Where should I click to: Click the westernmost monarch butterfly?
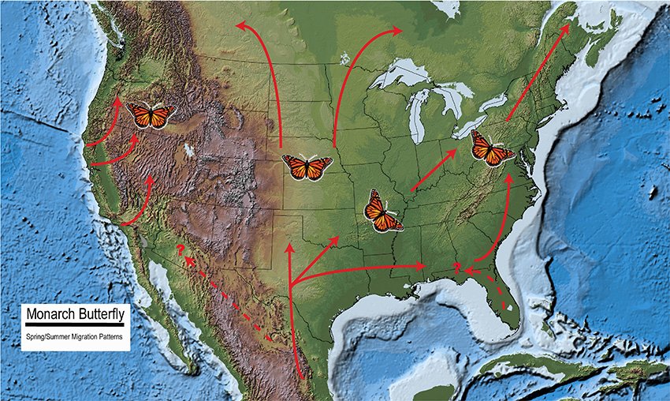pyautogui.click(x=151, y=116)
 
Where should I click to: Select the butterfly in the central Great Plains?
pyautogui.click(x=307, y=167)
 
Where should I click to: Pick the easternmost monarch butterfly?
pyautogui.click(x=490, y=148)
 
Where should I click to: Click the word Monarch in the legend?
pyautogui.click(x=53, y=315)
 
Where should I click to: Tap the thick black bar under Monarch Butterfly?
pyautogui.click(x=76, y=326)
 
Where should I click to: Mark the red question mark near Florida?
pyautogui.click(x=457, y=266)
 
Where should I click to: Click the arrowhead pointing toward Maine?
pyautogui.click(x=567, y=29)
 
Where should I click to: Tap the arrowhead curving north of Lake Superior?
pyautogui.click(x=399, y=31)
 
